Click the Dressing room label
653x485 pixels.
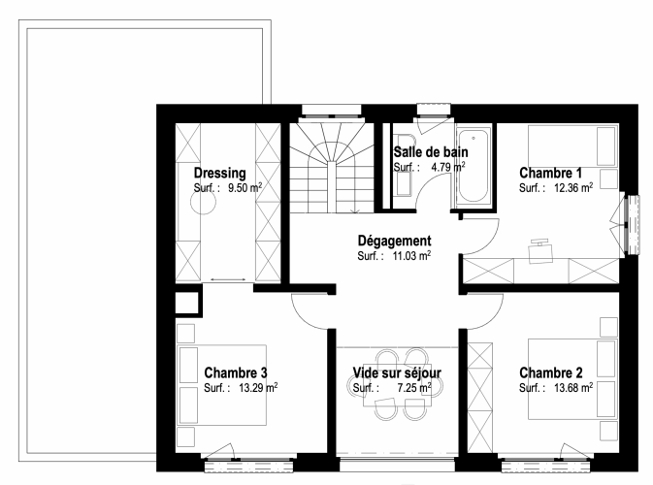(220, 173)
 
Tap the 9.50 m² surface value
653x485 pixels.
(245, 188)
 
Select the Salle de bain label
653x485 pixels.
(431, 152)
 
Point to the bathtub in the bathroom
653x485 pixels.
(473, 166)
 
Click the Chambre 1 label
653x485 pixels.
(550, 173)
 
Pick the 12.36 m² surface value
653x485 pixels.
(573, 188)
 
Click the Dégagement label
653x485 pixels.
(394, 241)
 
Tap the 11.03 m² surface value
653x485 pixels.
(411, 256)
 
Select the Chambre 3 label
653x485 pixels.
(236, 372)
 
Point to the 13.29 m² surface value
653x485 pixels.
(258, 388)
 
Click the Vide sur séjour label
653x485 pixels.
(397, 372)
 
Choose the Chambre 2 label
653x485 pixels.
(551, 372)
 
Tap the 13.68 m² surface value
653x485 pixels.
(573, 388)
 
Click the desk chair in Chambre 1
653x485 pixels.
(540, 251)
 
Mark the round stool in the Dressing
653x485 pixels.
(203, 203)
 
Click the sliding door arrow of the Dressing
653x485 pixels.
(227, 279)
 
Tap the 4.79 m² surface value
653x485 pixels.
(448, 167)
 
